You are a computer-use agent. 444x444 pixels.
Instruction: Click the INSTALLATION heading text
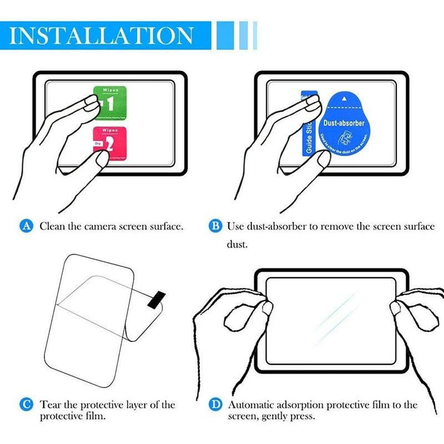coord(101,35)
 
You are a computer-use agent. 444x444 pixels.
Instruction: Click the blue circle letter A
coord(26,226)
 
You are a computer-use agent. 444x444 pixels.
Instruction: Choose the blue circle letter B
coord(215,226)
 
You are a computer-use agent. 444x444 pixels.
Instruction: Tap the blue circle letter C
coord(26,404)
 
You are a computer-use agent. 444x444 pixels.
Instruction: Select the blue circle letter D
coord(215,404)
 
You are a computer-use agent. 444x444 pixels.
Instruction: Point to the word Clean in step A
coord(52,226)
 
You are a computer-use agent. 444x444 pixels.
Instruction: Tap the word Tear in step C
coord(51,404)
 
